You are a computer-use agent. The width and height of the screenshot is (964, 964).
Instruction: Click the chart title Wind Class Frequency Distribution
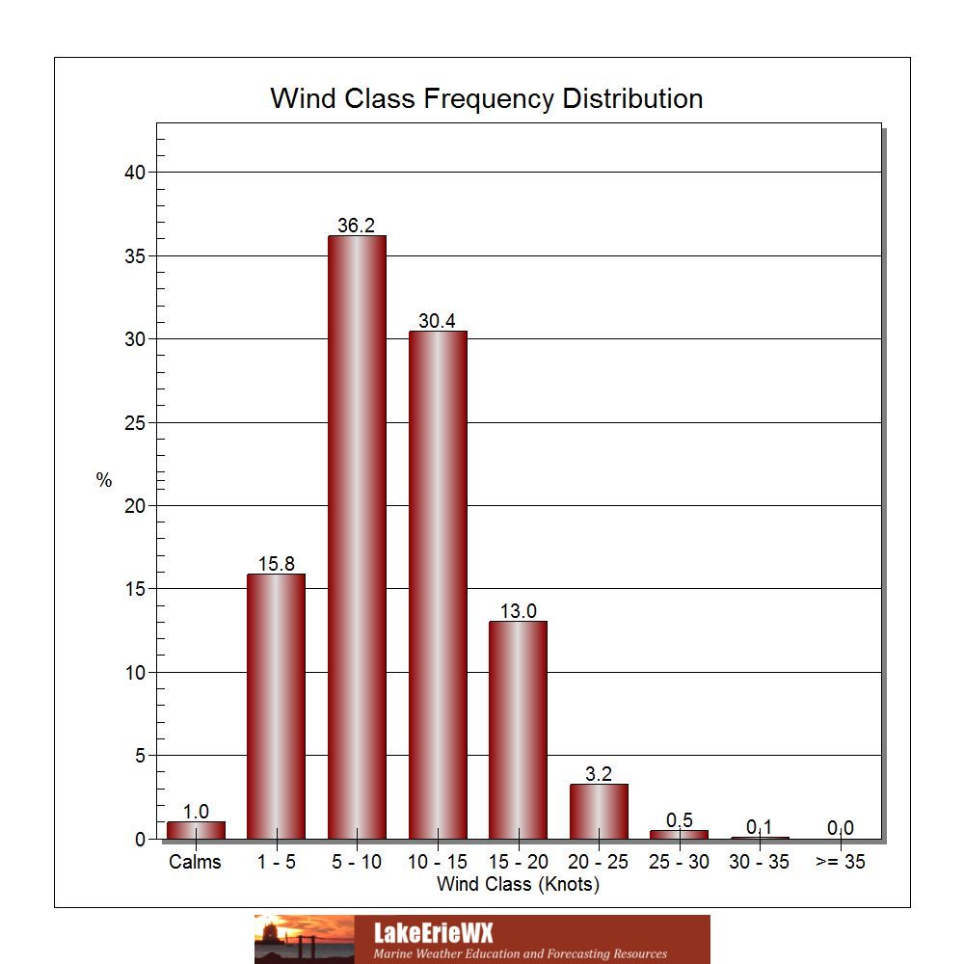click(x=486, y=98)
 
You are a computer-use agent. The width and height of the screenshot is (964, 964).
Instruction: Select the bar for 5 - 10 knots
click(x=358, y=537)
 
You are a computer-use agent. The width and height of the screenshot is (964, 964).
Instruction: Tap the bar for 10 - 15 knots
click(x=438, y=585)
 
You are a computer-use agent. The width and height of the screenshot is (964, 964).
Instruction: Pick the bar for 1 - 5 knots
click(x=276, y=707)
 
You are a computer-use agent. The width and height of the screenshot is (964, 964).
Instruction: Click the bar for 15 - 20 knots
click(x=519, y=730)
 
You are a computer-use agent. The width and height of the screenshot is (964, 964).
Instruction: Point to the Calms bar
click(x=196, y=830)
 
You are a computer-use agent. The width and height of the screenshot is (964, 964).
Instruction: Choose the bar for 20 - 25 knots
click(x=599, y=812)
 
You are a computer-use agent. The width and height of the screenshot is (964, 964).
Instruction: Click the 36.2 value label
click(x=356, y=226)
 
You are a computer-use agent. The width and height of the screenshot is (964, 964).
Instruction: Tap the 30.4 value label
click(x=437, y=321)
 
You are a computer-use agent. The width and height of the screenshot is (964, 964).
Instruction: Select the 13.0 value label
click(x=519, y=611)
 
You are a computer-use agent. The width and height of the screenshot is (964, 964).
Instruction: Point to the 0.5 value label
click(x=680, y=820)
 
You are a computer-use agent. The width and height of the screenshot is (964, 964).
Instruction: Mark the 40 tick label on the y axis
click(x=135, y=173)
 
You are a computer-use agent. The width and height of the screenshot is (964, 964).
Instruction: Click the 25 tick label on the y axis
click(x=135, y=423)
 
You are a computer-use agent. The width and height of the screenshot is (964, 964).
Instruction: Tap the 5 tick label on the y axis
click(x=140, y=756)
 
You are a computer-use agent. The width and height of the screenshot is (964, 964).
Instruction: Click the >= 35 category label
click(x=841, y=862)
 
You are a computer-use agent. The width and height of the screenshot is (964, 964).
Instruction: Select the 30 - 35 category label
click(x=760, y=862)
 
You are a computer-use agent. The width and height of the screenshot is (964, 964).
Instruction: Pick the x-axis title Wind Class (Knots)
click(x=518, y=884)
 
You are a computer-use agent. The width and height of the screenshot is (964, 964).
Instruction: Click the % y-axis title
click(x=104, y=479)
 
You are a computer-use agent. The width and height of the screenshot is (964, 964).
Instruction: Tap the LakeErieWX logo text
click(x=434, y=932)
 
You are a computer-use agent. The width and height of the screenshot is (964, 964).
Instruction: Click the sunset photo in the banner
click(x=305, y=939)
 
